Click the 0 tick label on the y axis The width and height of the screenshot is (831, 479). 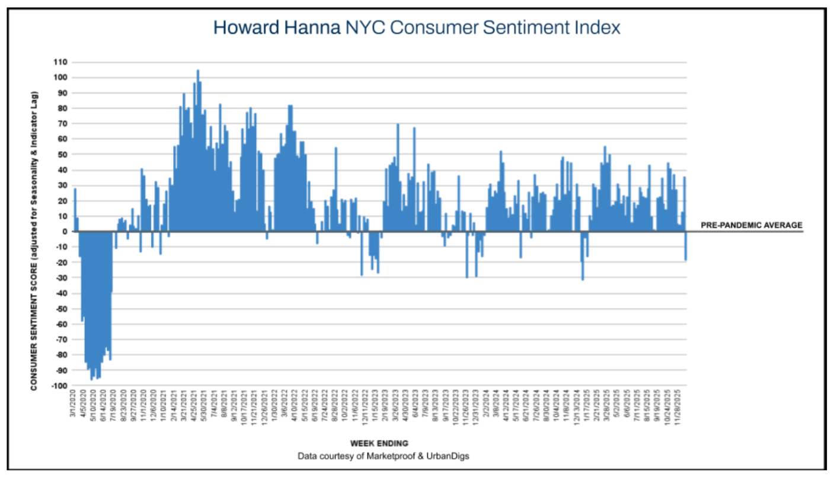(x=63, y=232)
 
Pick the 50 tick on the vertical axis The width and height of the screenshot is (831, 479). (x=61, y=155)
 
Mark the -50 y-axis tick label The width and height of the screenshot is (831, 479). (x=60, y=309)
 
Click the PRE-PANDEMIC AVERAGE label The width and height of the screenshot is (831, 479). (x=751, y=225)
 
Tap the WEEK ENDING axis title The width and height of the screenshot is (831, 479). (x=379, y=443)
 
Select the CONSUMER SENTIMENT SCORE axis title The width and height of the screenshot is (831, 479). (x=34, y=241)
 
